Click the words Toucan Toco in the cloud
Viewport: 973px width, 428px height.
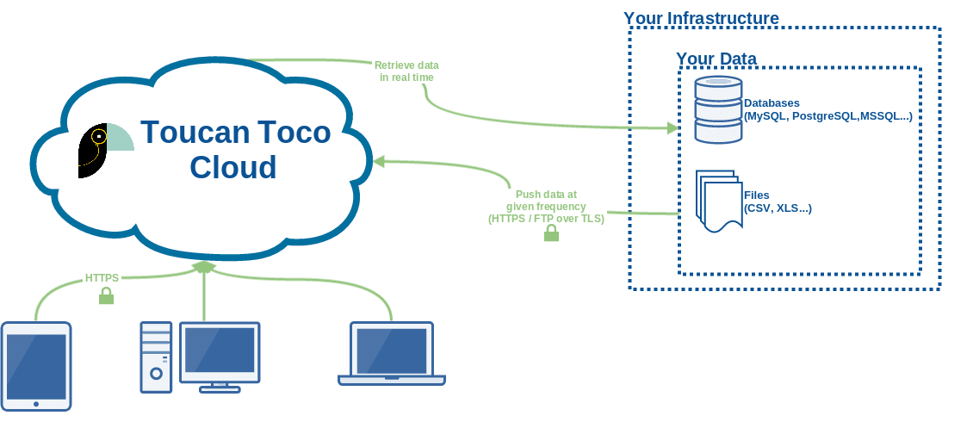pos(235,132)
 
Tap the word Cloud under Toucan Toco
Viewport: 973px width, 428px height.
pos(233,166)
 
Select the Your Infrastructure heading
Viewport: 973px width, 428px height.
pos(701,18)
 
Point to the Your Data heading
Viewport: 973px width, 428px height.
pos(716,59)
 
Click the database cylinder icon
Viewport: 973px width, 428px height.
pos(718,109)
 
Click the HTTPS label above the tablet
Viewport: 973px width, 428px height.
pos(102,278)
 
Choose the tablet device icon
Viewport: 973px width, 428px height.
pos(36,365)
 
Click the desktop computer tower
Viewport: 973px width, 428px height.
pos(156,357)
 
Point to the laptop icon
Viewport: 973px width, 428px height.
pos(392,354)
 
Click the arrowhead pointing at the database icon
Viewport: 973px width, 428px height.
pos(672,128)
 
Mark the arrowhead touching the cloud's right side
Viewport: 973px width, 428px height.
pos(378,160)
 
